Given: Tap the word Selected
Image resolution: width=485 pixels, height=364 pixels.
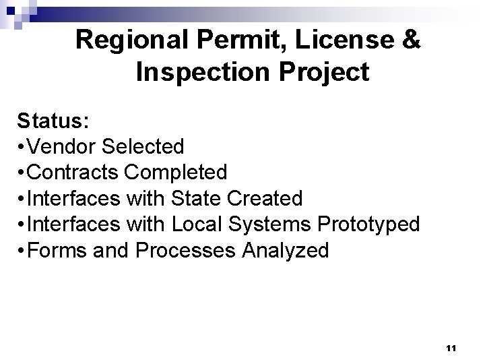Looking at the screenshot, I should (x=143, y=146).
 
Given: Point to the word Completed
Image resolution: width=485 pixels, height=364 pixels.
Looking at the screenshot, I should (x=176, y=173).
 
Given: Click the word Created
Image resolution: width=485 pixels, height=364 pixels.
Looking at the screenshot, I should (x=269, y=199).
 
